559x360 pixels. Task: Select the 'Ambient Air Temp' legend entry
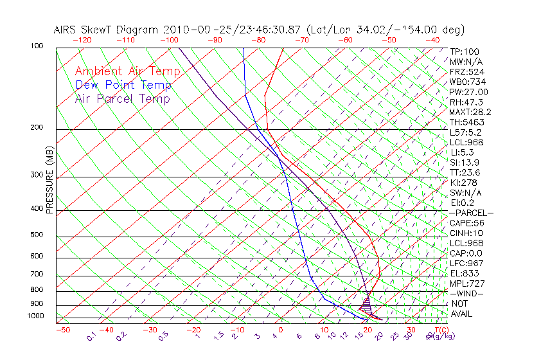point(127,71)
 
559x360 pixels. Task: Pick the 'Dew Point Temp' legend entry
point(123,85)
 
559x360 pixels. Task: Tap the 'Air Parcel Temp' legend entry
point(122,98)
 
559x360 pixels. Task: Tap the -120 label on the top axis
point(82,40)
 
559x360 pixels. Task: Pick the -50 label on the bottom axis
point(62,330)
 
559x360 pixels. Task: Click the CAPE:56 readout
point(467,223)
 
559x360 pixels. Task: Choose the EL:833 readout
point(465,273)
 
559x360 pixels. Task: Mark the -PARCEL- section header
point(472,213)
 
